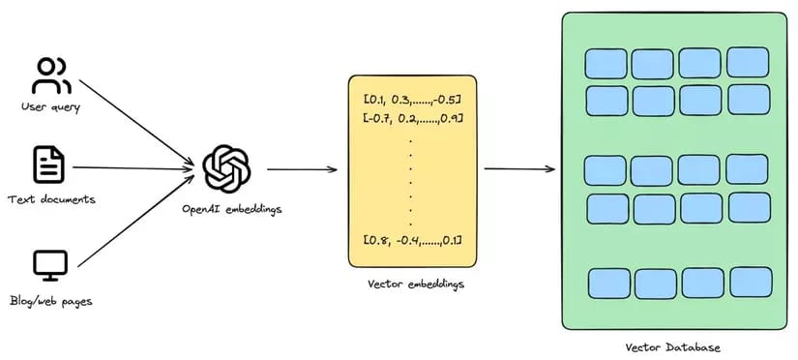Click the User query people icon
pyautogui.click(x=51, y=76)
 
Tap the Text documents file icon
pyautogui.click(x=49, y=165)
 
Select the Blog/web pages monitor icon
pyautogui.click(x=49, y=263)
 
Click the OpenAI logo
pyautogui.click(x=227, y=168)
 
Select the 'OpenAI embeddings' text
pyautogui.click(x=229, y=208)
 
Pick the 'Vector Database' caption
pyautogui.click(x=673, y=345)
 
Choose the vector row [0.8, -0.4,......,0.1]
pyautogui.click(x=413, y=239)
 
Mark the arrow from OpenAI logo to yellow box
pyautogui.click(x=302, y=169)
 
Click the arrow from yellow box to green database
pyautogui.click(x=519, y=168)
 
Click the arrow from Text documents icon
pyautogui.click(x=131, y=166)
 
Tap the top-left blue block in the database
pyautogui.click(x=606, y=64)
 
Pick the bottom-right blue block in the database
pyautogui.click(x=751, y=282)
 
